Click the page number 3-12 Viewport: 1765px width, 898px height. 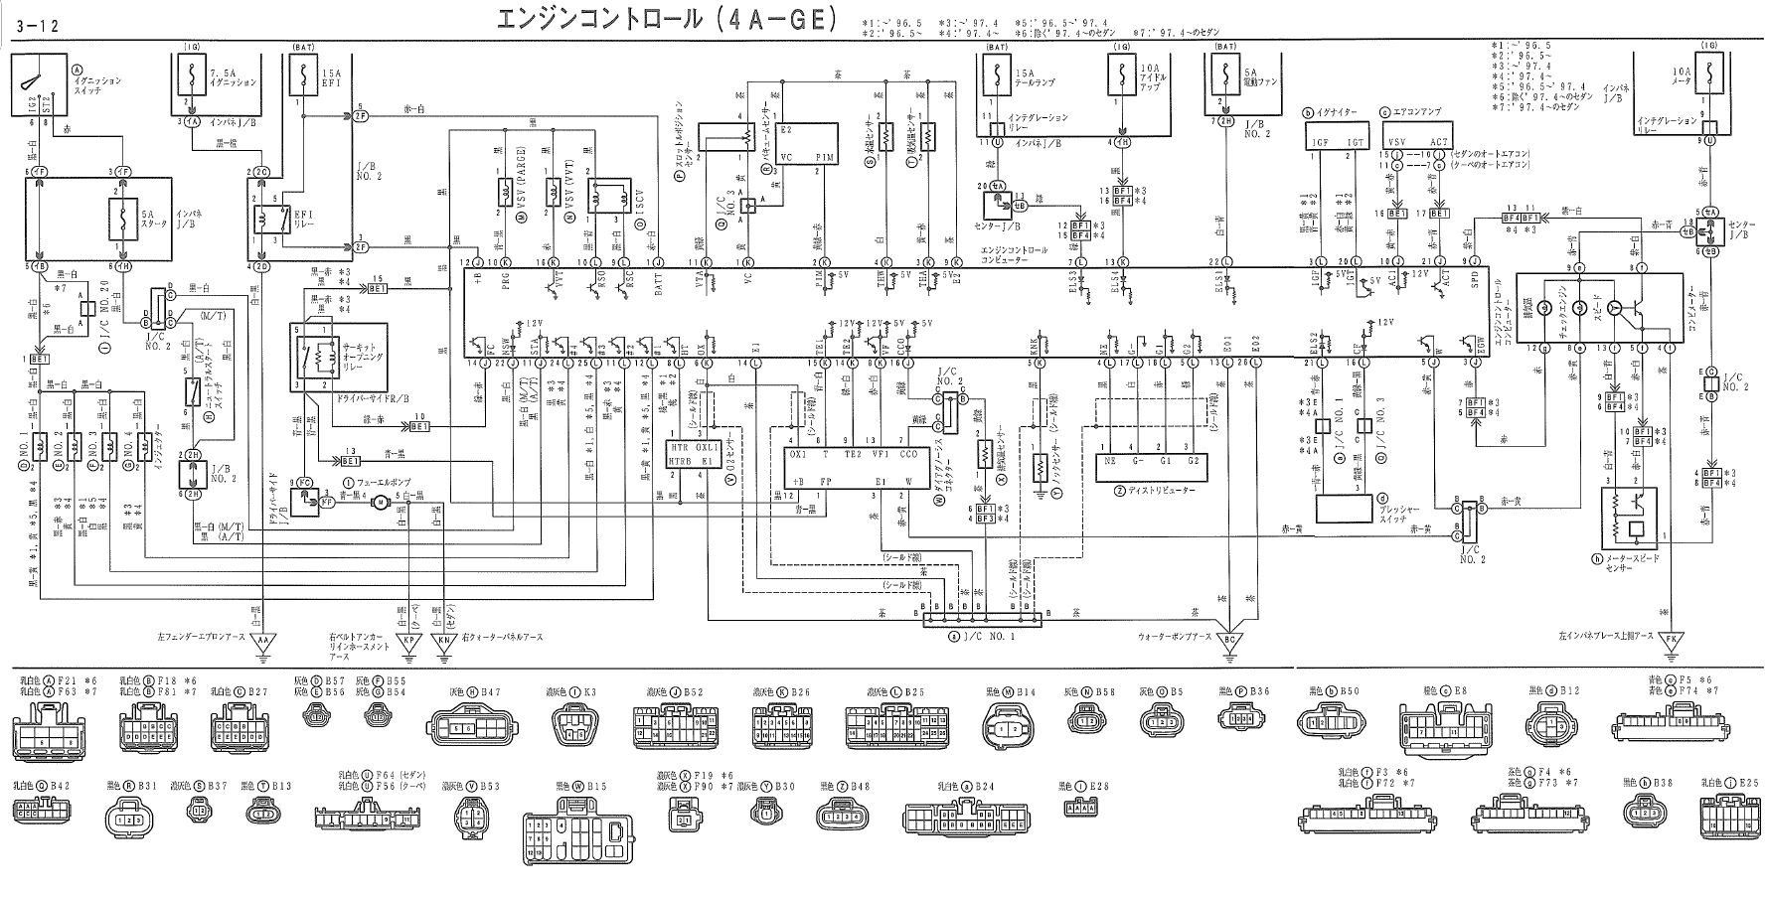[x=30, y=27]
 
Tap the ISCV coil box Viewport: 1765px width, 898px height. [x=600, y=198]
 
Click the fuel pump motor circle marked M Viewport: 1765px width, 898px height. [x=377, y=505]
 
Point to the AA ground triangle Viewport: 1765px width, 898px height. [x=263, y=641]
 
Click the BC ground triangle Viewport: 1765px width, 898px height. [x=1231, y=641]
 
